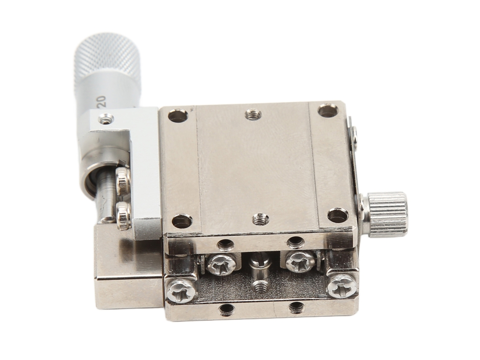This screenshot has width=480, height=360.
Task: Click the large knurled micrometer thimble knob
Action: pyautogui.click(x=106, y=61)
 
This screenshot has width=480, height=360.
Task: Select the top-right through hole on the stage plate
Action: pyautogui.click(x=328, y=111)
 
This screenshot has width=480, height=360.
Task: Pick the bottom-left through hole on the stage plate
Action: pyautogui.click(x=182, y=221)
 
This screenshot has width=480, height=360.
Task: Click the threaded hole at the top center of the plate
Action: pyautogui.click(x=253, y=115)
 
